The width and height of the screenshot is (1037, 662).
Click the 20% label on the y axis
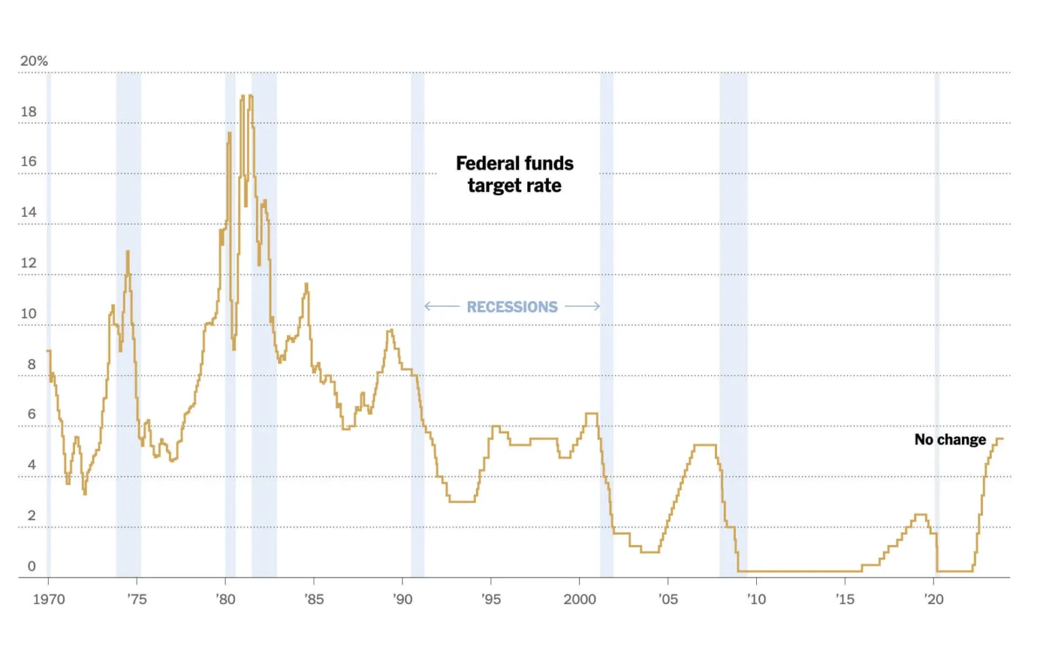(34, 61)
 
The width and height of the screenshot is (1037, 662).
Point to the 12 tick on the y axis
(28, 263)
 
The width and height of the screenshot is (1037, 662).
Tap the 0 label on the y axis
(31, 566)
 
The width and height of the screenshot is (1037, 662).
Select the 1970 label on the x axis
(49, 599)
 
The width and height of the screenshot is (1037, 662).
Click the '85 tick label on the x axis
(314, 599)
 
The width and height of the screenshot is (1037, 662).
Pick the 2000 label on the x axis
(579, 599)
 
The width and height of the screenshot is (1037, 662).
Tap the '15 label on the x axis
(845, 599)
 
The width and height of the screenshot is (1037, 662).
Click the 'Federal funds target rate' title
(514, 174)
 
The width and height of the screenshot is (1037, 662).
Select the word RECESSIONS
(512, 307)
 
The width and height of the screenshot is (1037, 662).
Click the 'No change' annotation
(950, 440)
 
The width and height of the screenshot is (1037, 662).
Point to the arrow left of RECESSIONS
(442, 306)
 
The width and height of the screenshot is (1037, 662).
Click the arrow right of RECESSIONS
(582, 306)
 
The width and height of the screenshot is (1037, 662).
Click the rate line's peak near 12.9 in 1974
(128, 252)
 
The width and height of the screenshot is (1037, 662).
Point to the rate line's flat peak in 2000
(591, 413)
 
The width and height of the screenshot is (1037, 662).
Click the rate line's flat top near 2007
(705, 444)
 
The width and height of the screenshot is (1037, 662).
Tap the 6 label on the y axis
(31, 414)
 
